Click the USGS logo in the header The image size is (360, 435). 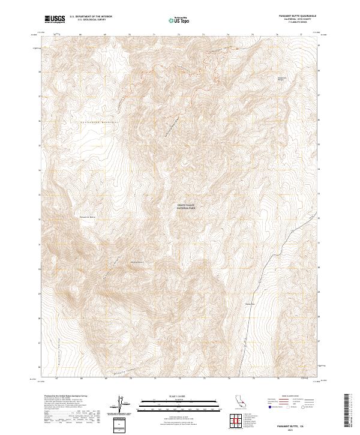55,19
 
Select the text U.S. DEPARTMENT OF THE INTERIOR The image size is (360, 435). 91,17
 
